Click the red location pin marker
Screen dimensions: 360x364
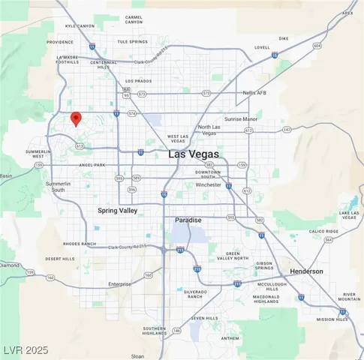point(75,118)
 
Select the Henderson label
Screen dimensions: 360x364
point(306,271)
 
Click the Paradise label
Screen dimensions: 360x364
point(188,220)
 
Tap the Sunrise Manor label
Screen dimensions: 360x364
point(241,118)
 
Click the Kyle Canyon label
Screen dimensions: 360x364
point(80,25)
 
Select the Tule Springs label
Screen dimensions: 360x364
point(132,42)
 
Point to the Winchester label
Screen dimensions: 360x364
point(208,184)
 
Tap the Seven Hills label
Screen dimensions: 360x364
point(203,318)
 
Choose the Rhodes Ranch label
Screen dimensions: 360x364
point(80,244)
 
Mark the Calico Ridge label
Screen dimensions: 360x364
point(323,232)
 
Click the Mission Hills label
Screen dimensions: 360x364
point(332,319)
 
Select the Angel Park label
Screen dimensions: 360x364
point(92,164)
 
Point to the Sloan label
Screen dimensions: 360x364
point(137,356)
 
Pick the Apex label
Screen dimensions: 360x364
point(347,12)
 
